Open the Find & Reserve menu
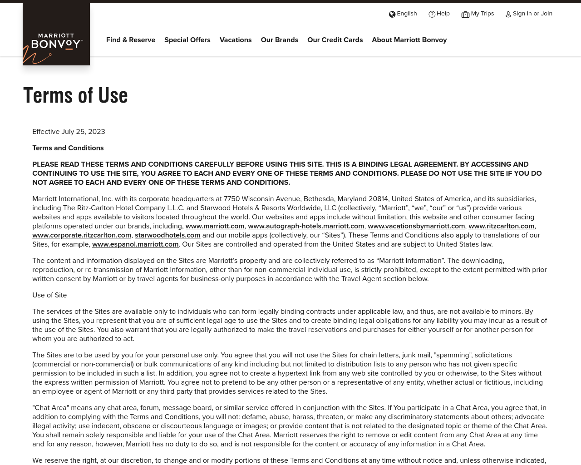point(131,40)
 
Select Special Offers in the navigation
point(187,40)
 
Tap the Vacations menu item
point(236,40)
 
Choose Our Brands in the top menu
point(280,40)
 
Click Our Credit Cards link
point(335,40)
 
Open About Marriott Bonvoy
point(409,40)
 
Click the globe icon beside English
point(392,14)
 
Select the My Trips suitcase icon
point(465,15)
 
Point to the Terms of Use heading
point(76,95)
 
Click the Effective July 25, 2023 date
point(69,132)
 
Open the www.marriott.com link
point(215,226)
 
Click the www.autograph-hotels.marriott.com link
point(306,226)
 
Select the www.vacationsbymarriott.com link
point(416,226)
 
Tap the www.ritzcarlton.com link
point(501,226)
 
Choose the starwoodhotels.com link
point(167,235)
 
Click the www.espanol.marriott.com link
point(135,244)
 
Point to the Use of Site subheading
point(49,295)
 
